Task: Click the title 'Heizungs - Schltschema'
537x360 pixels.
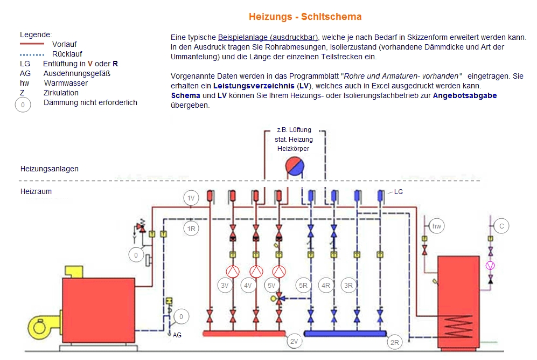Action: [305, 17]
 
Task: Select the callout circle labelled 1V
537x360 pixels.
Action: [191, 198]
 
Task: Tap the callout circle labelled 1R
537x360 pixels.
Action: [191, 229]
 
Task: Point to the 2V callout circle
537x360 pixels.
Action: [294, 341]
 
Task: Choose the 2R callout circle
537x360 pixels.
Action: [394, 342]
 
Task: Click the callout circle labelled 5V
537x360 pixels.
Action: [271, 285]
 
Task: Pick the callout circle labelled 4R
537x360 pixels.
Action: [326, 285]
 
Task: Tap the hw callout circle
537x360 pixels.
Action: [437, 226]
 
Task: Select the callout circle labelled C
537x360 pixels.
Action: [501, 226]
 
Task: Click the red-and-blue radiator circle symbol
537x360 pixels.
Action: [295, 167]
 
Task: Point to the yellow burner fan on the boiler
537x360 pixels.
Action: [38, 327]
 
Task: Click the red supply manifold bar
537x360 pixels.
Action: [244, 333]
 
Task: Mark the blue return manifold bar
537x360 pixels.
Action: [345, 333]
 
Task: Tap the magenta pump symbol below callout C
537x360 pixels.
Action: [491, 266]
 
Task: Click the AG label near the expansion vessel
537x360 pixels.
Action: [177, 335]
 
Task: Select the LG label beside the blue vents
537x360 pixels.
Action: [398, 192]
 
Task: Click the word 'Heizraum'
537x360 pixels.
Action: [36, 191]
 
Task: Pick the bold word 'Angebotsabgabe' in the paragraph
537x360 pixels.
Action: [465, 95]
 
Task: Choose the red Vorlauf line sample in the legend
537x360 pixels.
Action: [32, 44]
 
